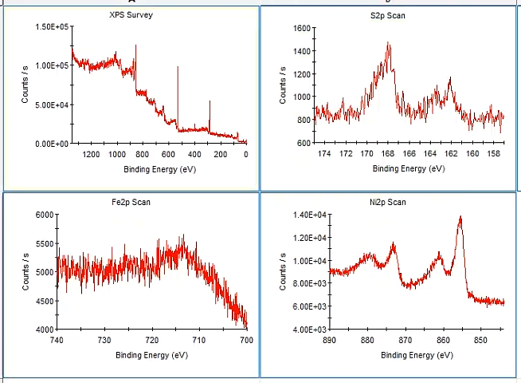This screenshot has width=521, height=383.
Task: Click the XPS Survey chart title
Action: tap(131, 15)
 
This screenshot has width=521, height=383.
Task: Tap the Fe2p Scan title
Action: tap(131, 202)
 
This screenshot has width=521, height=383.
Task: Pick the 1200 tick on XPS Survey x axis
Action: tap(91, 154)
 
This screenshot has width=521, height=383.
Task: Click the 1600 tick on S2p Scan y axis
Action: tap(301, 28)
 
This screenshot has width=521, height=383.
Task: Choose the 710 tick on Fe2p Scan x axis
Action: tap(199, 340)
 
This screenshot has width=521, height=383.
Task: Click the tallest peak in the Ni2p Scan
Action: tap(460, 217)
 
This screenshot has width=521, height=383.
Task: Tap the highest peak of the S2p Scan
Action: tap(389, 44)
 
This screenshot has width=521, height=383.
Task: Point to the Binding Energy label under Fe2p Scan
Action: tap(151, 354)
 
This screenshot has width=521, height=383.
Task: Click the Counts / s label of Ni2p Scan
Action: tap(283, 271)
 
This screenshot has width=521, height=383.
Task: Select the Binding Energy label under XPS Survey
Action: tap(159, 169)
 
